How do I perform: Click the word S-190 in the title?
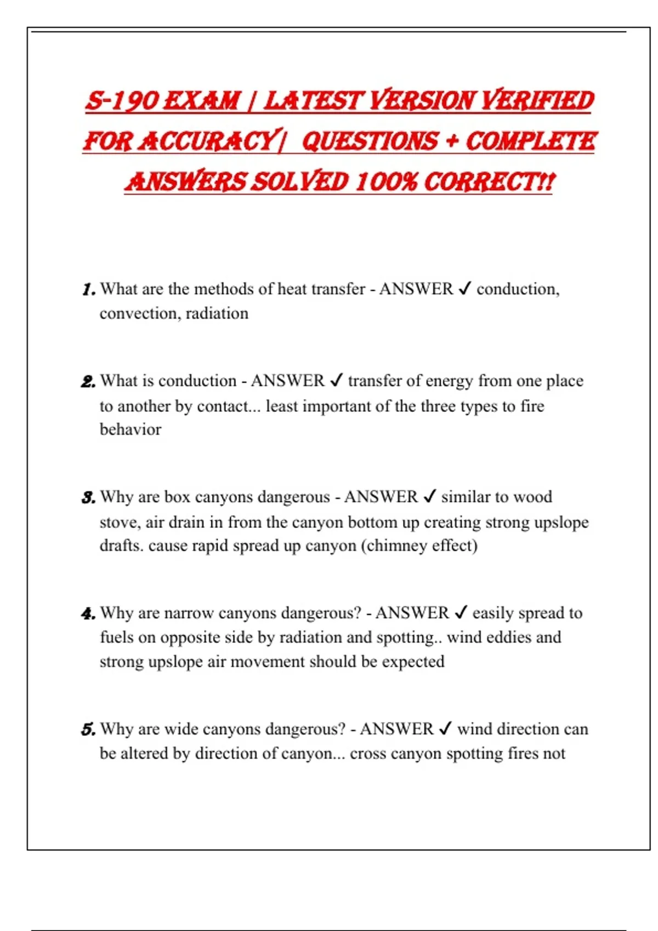(121, 101)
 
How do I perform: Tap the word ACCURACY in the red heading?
(207, 141)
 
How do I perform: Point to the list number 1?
(89, 289)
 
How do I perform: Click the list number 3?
(88, 497)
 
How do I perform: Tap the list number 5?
(88, 729)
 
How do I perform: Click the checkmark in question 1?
(464, 289)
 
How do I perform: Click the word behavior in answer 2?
(131, 429)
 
